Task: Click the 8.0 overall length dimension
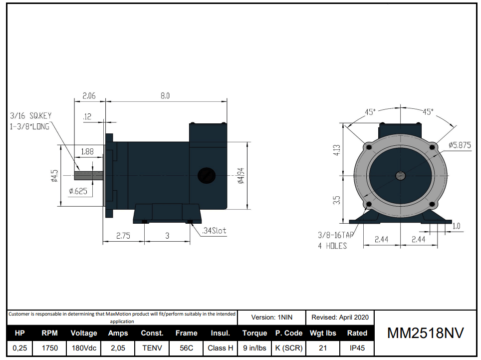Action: click(x=165, y=95)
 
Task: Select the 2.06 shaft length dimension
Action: click(x=89, y=95)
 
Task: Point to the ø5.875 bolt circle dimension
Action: click(x=460, y=145)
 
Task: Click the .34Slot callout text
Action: click(x=214, y=231)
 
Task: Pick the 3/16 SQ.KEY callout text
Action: click(x=30, y=116)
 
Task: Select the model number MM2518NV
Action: click(x=425, y=334)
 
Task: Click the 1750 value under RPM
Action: click(x=49, y=348)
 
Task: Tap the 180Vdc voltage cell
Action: click(x=83, y=348)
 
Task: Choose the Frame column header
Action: click(x=186, y=333)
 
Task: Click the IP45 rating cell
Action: click(x=357, y=348)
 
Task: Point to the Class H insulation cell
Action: click(x=220, y=348)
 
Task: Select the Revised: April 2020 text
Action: click(x=340, y=317)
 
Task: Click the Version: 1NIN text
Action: click(x=271, y=317)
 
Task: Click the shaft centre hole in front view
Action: click(x=401, y=175)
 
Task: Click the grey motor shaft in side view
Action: click(x=89, y=175)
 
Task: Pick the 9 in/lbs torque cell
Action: click(x=254, y=348)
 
